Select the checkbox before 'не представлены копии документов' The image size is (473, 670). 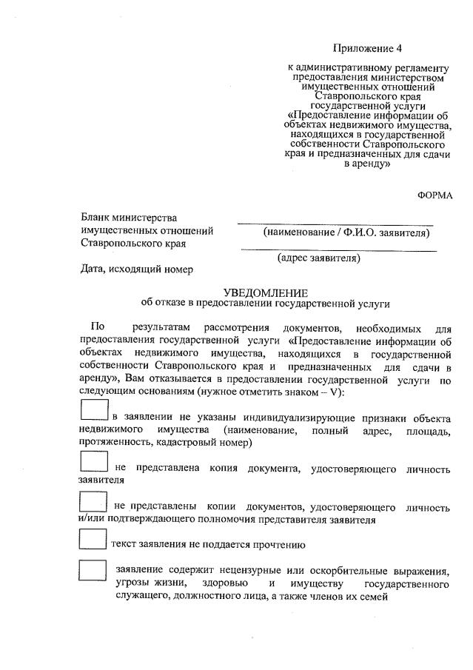[x=93, y=503]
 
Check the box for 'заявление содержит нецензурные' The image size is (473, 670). [x=93, y=571]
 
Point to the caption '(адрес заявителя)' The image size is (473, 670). [x=319, y=258]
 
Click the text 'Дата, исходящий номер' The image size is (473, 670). [x=137, y=269]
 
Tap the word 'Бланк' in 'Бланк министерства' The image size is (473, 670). [x=97, y=218]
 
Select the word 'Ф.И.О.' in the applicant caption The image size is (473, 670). [x=358, y=232]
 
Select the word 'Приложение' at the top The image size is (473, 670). [x=362, y=49]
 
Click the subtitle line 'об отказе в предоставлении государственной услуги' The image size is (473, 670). [x=265, y=304]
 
